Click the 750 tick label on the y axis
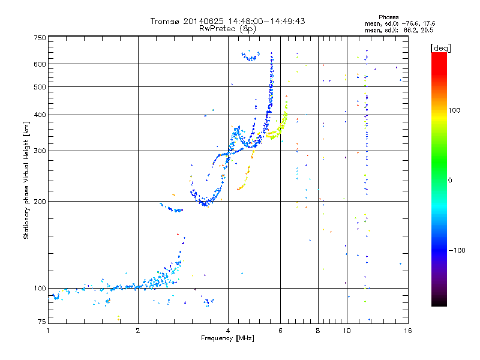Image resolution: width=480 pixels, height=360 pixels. tap(40, 38)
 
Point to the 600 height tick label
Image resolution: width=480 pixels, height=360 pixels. tap(40, 64)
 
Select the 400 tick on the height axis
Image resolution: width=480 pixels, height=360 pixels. tap(40, 115)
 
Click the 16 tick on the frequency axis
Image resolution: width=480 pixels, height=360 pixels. tap(407, 330)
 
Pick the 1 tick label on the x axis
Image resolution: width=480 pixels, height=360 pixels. tap(49, 330)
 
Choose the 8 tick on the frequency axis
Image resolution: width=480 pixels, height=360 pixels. tap(318, 330)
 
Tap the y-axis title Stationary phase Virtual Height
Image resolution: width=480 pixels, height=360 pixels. tap(26, 180)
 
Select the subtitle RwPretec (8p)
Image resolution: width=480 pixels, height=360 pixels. tap(227, 28)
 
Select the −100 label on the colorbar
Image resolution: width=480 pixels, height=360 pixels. tap(458, 250)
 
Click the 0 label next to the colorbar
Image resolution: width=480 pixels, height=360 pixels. tap(451, 180)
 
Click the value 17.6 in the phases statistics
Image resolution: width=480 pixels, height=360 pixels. tap(427, 23)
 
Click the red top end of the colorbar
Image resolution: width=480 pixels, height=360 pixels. tap(439, 55)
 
